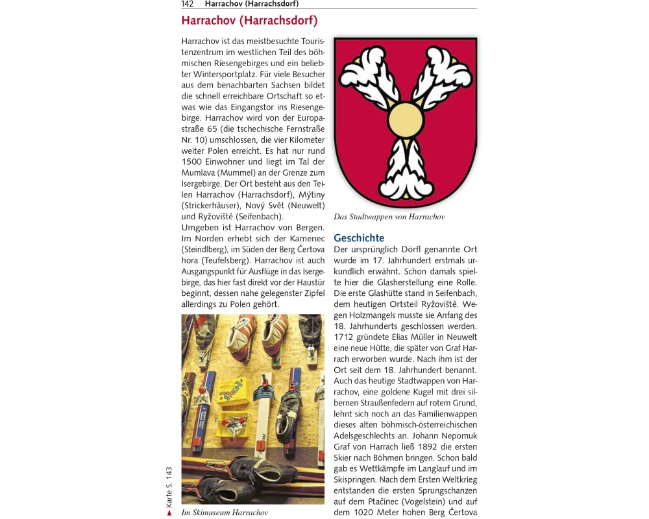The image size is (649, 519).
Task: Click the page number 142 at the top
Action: point(188,4)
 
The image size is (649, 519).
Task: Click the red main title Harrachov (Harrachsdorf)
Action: point(249,21)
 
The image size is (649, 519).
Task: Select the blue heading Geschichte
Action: point(359,238)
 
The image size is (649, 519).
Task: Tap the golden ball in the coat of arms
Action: point(406,121)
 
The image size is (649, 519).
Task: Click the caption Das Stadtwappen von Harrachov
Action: point(389,217)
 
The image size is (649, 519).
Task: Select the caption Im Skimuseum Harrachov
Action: point(225,513)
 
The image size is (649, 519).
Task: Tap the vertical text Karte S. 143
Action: point(169,487)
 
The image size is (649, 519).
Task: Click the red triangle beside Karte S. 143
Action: point(169,513)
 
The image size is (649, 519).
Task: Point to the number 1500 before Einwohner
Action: point(193,162)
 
